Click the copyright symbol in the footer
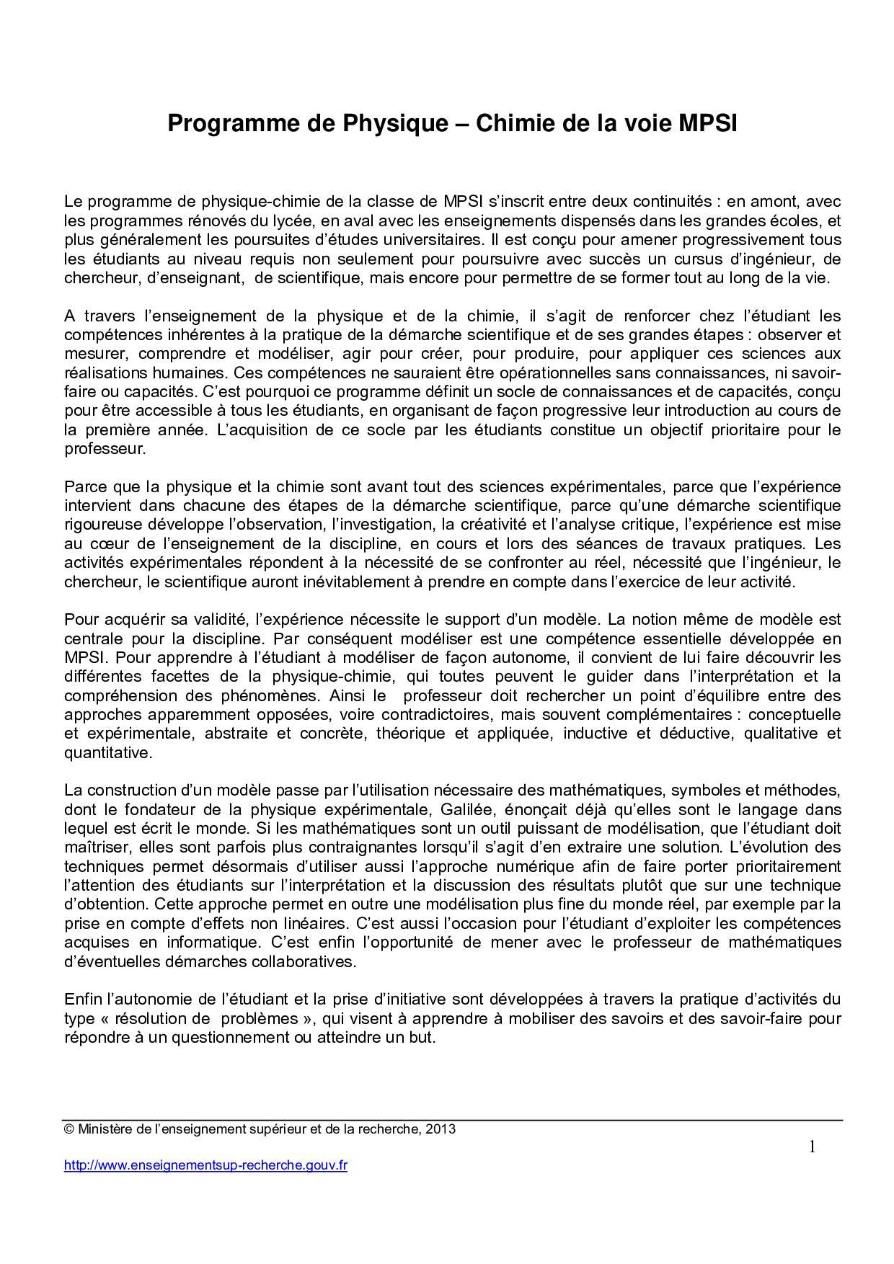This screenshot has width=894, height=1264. (69, 1130)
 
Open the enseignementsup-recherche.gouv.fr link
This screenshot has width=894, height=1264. (205, 1165)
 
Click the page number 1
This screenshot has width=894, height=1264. (812, 1147)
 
